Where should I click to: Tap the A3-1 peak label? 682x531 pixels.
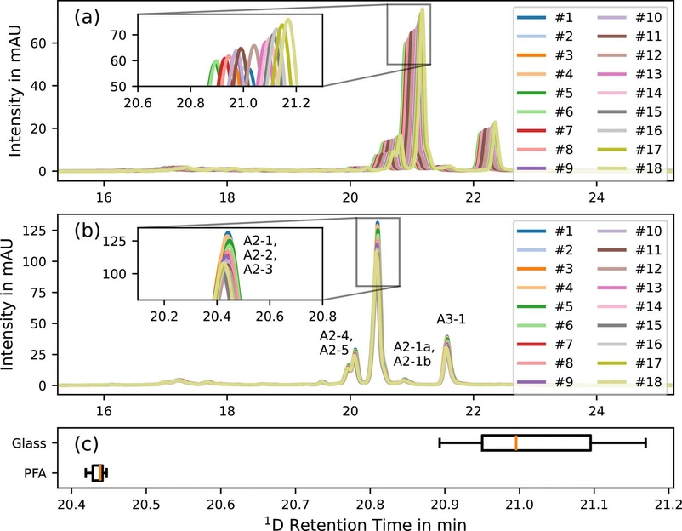pyautogui.click(x=451, y=320)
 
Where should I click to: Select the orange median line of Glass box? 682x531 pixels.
pyautogui.click(x=516, y=442)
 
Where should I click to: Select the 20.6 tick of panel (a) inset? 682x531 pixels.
pyautogui.click(x=138, y=104)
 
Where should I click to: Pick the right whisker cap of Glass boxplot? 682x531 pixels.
pyautogui.click(x=646, y=442)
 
